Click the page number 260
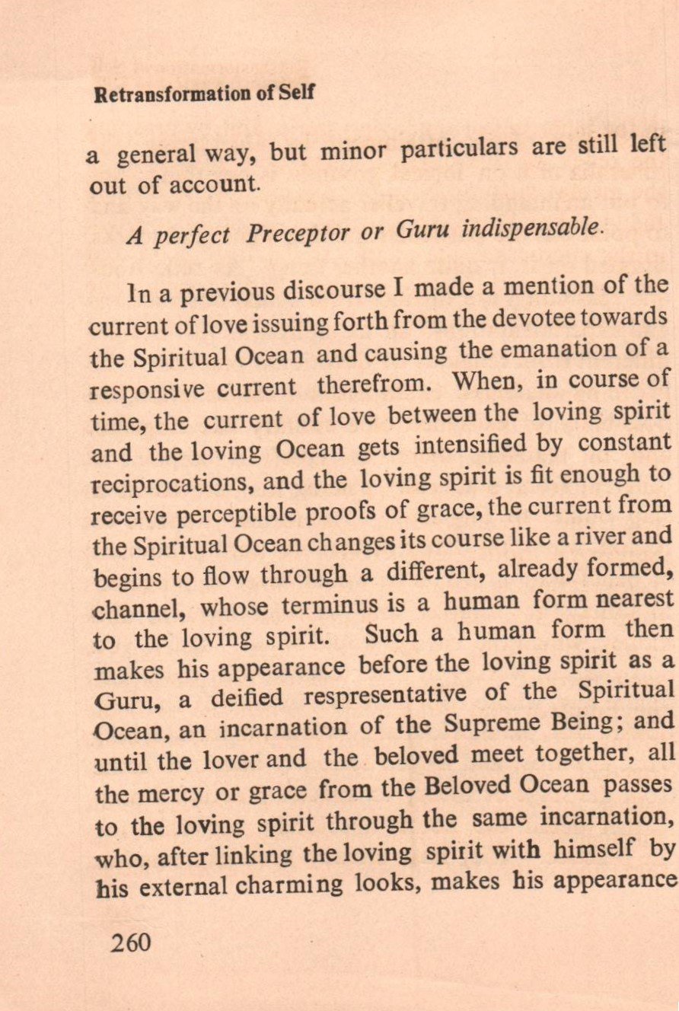pos(131,942)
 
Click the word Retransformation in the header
pos(161,94)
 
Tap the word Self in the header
pos(298,93)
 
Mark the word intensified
pos(482,445)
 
